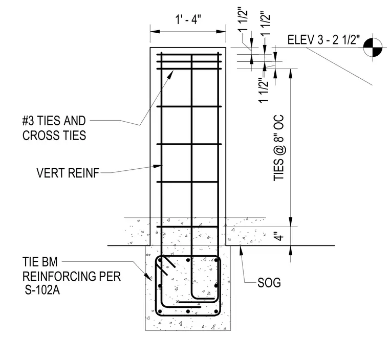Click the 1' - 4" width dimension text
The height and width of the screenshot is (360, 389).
click(x=188, y=19)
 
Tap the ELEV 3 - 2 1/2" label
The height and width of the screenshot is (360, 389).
click(x=323, y=40)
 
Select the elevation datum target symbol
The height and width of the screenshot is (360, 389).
click(x=373, y=47)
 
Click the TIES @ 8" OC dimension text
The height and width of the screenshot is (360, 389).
click(x=278, y=148)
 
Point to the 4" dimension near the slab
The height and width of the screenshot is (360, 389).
click(x=279, y=236)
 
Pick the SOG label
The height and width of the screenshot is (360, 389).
click(x=269, y=283)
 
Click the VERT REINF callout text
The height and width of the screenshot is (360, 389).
click(x=68, y=173)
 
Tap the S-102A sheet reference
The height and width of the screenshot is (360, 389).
click(x=42, y=290)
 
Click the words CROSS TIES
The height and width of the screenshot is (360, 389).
click(x=54, y=136)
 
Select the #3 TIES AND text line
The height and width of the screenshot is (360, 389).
click(x=54, y=121)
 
